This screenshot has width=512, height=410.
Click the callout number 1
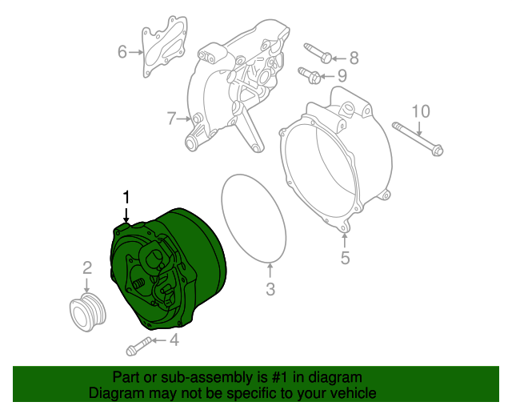pyautogui.click(x=125, y=197)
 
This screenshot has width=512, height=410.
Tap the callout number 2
pyautogui.click(x=86, y=267)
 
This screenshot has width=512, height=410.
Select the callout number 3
pyautogui.click(x=270, y=288)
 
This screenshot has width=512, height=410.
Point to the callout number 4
pyautogui.click(x=174, y=341)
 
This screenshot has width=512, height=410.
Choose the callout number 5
pyautogui.click(x=345, y=258)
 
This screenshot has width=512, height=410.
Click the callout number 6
pyautogui.click(x=122, y=52)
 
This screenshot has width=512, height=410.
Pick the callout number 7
pyautogui.click(x=171, y=119)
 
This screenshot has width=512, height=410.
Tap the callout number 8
pyautogui.click(x=353, y=58)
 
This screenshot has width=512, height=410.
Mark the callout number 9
pyautogui.click(x=342, y=76)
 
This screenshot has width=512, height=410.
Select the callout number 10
pyautogui.click(x=421, y=111)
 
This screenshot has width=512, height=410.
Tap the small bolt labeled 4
pyautogui.click(x=138, y=346)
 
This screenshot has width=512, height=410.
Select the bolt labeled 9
pyautogui.click(x=310, y=76)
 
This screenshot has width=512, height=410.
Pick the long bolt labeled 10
pyautogui.click(x=418, y=139)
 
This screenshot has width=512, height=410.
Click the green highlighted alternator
pyautogui.click(x=168, y=268)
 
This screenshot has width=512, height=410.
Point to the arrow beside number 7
pyautogui.click(x=185, y=119)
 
